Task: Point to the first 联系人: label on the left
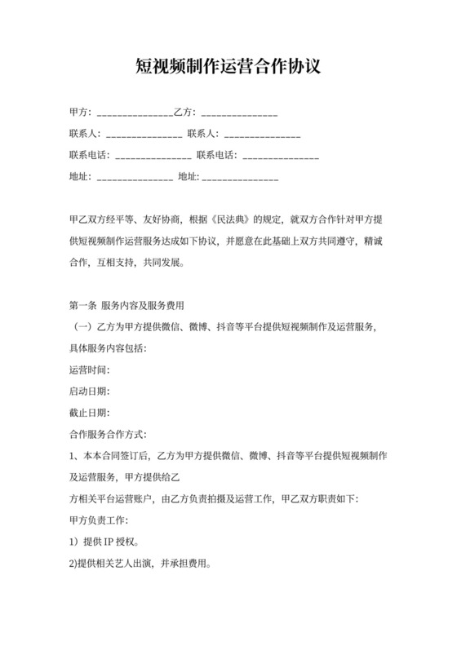pyautogui.click(x=84, y=134)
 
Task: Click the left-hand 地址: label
pyautogui.click(x=81, y=176)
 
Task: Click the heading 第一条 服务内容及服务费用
pyautogui.click(x=126, y=306)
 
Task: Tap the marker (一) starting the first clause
pyautogui.click(x=82, y=327)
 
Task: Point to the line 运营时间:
pyautogui.click(x=90, y=369)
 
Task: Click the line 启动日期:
pyautogui.click(x=90, y=391)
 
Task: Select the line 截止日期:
pyautogui.click(x=90, y=412)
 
